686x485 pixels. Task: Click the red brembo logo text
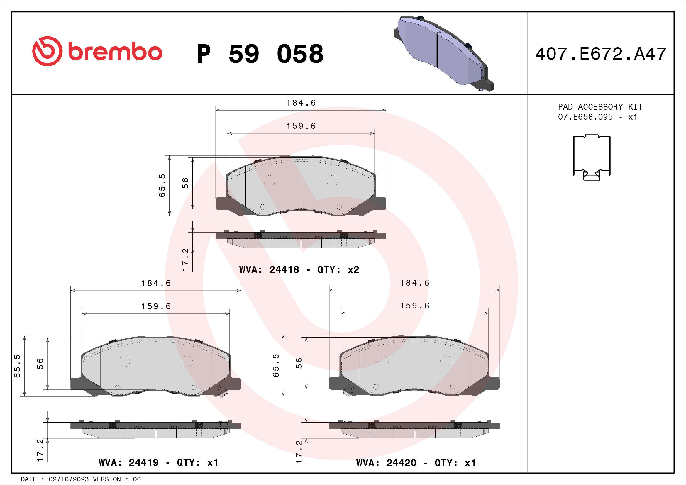(115, 52)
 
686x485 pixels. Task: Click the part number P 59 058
(260, 54)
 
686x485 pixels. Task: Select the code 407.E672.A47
(601, 54)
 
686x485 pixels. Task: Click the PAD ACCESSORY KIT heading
(600, 107)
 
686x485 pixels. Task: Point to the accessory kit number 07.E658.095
(585, 117)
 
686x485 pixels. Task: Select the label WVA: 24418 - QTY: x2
(299, 270)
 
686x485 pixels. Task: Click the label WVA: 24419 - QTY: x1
(158, 463)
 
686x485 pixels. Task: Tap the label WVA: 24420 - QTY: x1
(416, 463)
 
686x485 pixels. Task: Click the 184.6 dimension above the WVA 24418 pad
(301, 103)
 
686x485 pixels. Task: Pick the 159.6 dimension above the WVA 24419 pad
(156, 306)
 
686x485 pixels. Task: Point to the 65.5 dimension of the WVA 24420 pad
(276, 365)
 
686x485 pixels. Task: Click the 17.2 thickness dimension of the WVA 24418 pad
(186, 260)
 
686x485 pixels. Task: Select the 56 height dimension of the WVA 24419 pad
(40, 363)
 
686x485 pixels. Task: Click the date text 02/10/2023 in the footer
(68, 479)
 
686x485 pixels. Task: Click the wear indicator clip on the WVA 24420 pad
(349, 390)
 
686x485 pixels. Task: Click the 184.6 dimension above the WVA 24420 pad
(414, 283)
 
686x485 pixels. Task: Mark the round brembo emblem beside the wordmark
(47, 51)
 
